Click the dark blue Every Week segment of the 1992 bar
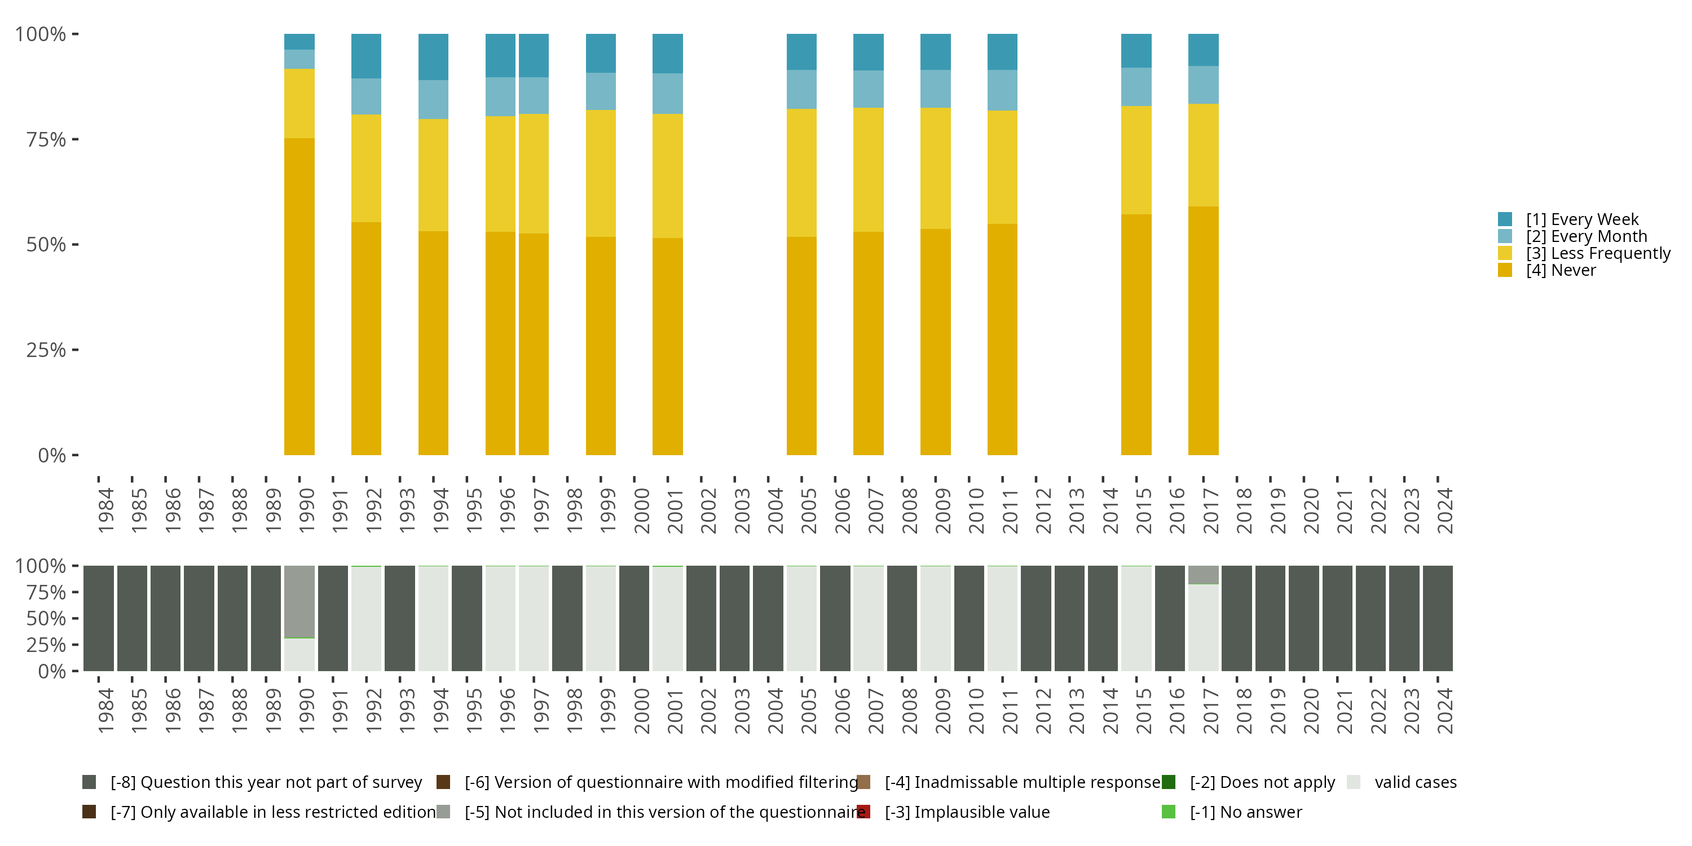(x=366, y=56)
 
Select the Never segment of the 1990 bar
(x=299, y=296)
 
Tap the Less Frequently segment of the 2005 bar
(x=801, y=172)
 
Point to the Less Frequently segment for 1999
(x=600, y=173)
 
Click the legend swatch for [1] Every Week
(x=1505, y=219)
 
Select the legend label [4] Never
(x=1560, y=271)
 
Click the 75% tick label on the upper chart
(x=46, y=139)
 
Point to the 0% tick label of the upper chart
(x=52, y=455)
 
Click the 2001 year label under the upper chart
(x=675, y=510)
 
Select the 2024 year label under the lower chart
(x=1445, y=711)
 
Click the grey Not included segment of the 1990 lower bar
(x=299, y=601)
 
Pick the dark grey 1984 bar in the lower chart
(x=99, y=618)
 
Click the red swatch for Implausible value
(x=863, y=812)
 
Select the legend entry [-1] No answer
(x=1245, y=812)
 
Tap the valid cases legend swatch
(x=1353, y=782)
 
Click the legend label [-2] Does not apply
(x=1262, y=782)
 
